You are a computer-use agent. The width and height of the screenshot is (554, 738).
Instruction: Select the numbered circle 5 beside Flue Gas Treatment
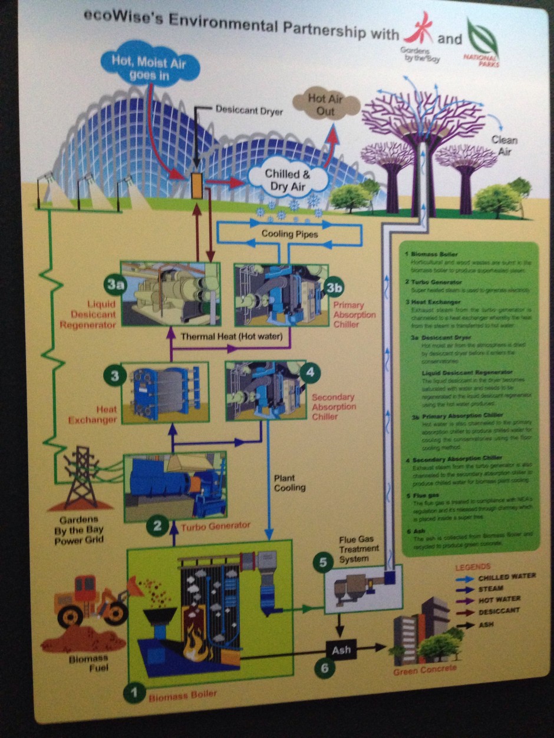tap(322, 562)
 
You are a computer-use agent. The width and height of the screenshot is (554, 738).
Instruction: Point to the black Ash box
tap(341, 650)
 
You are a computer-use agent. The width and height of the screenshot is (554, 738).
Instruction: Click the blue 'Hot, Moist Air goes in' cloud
tap(148, 64)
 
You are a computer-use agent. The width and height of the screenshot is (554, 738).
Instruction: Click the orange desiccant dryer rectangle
tap(197, 185)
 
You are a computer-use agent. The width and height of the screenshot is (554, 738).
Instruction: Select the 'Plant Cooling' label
tap(289, 482)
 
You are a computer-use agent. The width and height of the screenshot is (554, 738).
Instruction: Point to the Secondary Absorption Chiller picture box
tap(260, 390)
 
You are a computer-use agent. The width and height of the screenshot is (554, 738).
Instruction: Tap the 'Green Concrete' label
tap(424, 670)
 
